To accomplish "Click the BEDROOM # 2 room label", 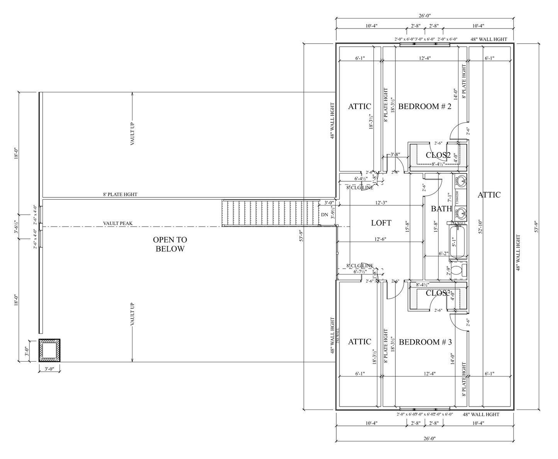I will coord(424,106).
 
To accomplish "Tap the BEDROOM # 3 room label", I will coord(425,342).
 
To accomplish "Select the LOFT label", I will coord(381,223).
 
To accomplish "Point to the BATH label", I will coord(441,209).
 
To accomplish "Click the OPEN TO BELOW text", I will coord(170,244).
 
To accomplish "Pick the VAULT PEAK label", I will coord(118,223).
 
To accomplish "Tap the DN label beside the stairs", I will coord(324,215).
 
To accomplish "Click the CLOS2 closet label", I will coord(438,155).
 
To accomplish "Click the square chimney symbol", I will coord(50,351).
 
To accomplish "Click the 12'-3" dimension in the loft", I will coord(381,203).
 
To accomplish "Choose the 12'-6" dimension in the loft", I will coord(381,239).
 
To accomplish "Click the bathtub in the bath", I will coord(458,242).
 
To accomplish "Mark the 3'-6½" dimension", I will coord(16,227).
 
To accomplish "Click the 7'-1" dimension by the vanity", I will coord(449,198).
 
